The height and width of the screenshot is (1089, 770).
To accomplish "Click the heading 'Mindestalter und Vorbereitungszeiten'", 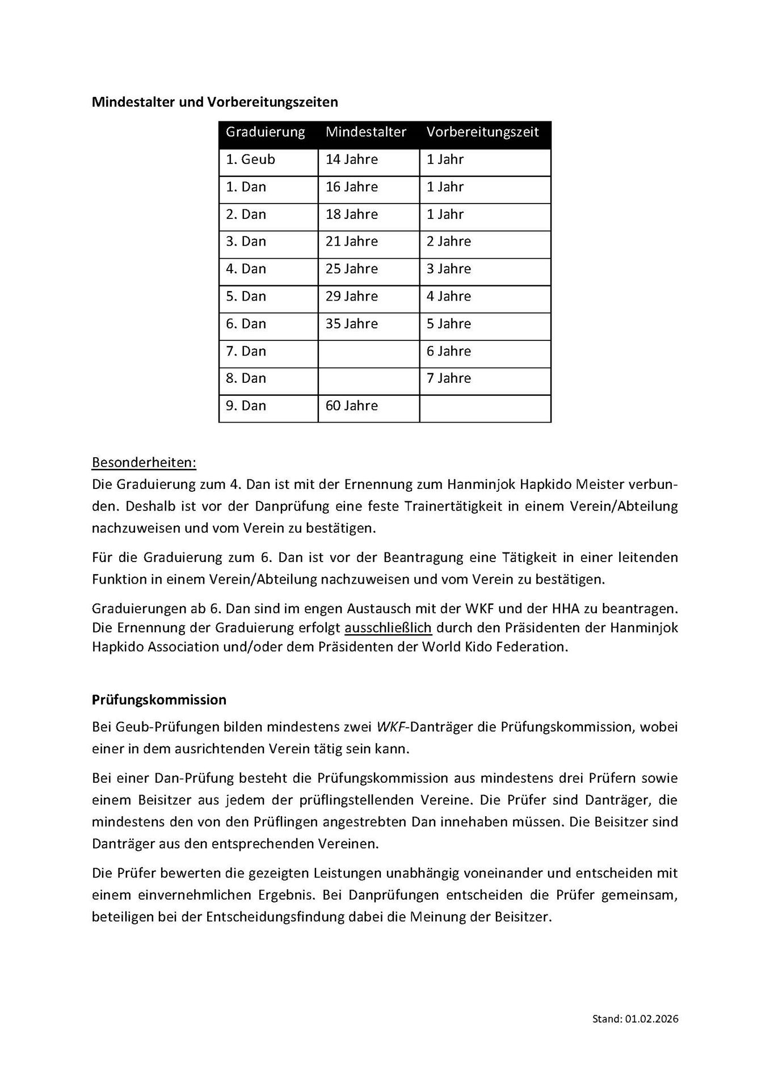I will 214,102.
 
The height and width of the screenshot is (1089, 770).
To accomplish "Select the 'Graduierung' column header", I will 265,132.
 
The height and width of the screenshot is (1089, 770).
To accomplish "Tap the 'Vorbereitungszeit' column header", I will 482,132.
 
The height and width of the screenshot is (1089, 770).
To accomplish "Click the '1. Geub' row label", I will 250,159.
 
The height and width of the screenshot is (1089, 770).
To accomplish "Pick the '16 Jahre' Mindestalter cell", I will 351,187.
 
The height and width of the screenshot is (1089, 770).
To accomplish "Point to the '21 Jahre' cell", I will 351,242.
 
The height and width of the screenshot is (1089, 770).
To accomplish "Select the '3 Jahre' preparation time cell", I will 448,269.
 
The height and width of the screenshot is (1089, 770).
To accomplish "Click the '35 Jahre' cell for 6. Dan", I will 351,324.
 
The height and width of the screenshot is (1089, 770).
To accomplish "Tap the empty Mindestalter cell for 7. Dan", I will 368,352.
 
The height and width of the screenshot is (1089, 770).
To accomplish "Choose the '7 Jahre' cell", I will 448,378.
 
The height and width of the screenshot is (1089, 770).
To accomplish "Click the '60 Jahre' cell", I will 351,406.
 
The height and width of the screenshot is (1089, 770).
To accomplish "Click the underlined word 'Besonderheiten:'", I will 144,463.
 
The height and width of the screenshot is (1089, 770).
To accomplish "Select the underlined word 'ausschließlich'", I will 388,628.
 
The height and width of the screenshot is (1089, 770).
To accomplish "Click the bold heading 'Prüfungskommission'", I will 159,700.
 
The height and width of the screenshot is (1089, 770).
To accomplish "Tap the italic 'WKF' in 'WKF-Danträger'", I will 390,727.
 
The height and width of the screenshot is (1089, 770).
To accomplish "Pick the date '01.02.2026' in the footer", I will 652,1019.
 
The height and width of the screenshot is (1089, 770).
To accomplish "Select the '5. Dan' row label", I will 246,297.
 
